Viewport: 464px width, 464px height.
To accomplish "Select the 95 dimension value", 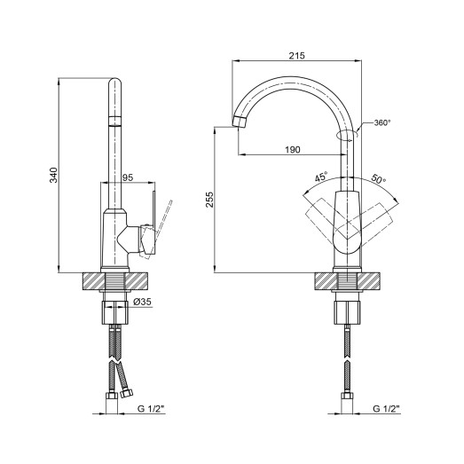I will tap(127, 178).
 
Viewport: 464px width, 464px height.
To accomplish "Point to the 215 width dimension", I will tap(297, 56).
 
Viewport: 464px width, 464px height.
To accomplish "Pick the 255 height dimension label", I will tap(208, 201).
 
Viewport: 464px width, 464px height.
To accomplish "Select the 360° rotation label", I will tap(381, 122).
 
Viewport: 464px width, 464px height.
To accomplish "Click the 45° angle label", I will tap(319, 177).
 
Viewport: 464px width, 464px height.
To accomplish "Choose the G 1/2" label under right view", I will tap(387, 410).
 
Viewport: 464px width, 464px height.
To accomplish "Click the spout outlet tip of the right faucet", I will tap(240, 122).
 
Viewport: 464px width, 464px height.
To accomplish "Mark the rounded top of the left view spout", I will tap(115, 84).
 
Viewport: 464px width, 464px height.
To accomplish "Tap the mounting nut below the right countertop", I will tap(349, 311).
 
